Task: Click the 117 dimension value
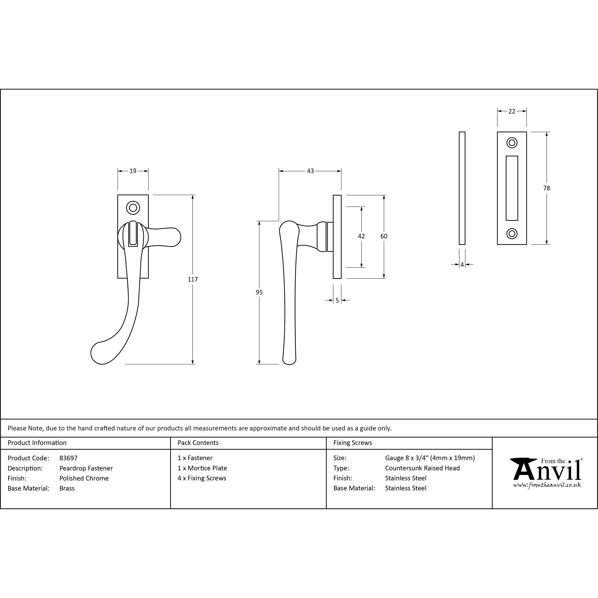193,279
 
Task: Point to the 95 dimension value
259,292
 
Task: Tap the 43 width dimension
310,171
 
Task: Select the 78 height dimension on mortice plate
547,188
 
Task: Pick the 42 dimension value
361,236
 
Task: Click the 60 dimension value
384,236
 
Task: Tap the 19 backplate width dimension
133,171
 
